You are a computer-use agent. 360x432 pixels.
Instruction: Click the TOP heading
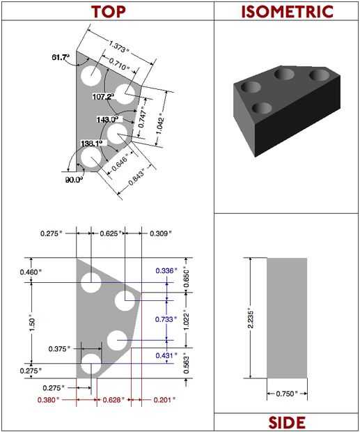pos(108,12)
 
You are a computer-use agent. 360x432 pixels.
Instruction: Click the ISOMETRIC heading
pos(287,12)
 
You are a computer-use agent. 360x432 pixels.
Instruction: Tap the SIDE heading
pos(287,422)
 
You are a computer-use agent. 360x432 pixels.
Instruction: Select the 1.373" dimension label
pos(118,46)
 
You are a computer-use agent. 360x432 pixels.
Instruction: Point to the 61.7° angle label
pos(61,57)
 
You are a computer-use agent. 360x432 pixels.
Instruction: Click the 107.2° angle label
pos(103,96)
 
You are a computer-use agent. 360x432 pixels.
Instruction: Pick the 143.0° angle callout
pos(107,120)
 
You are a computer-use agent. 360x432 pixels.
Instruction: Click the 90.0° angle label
pos(74,180)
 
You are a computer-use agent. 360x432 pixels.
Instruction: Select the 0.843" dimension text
pos(136,178)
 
